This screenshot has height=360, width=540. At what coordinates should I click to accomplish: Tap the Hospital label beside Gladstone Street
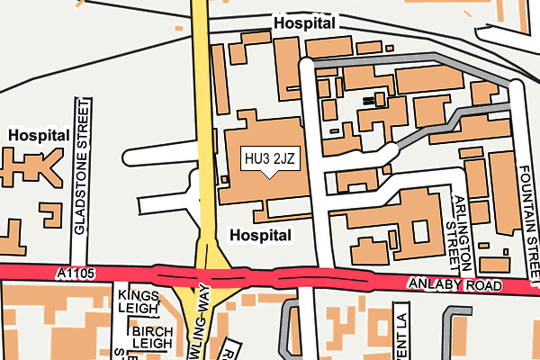(39, 134)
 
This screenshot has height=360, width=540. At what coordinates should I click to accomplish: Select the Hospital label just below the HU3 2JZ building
(261, 235)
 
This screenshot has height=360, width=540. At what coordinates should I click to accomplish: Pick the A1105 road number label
(74, 272)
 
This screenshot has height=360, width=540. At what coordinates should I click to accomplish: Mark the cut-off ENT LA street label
(401, 333)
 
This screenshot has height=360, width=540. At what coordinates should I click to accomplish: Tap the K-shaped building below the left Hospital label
(27, 166)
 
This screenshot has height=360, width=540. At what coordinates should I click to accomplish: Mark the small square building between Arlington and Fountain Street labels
(484, 244)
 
